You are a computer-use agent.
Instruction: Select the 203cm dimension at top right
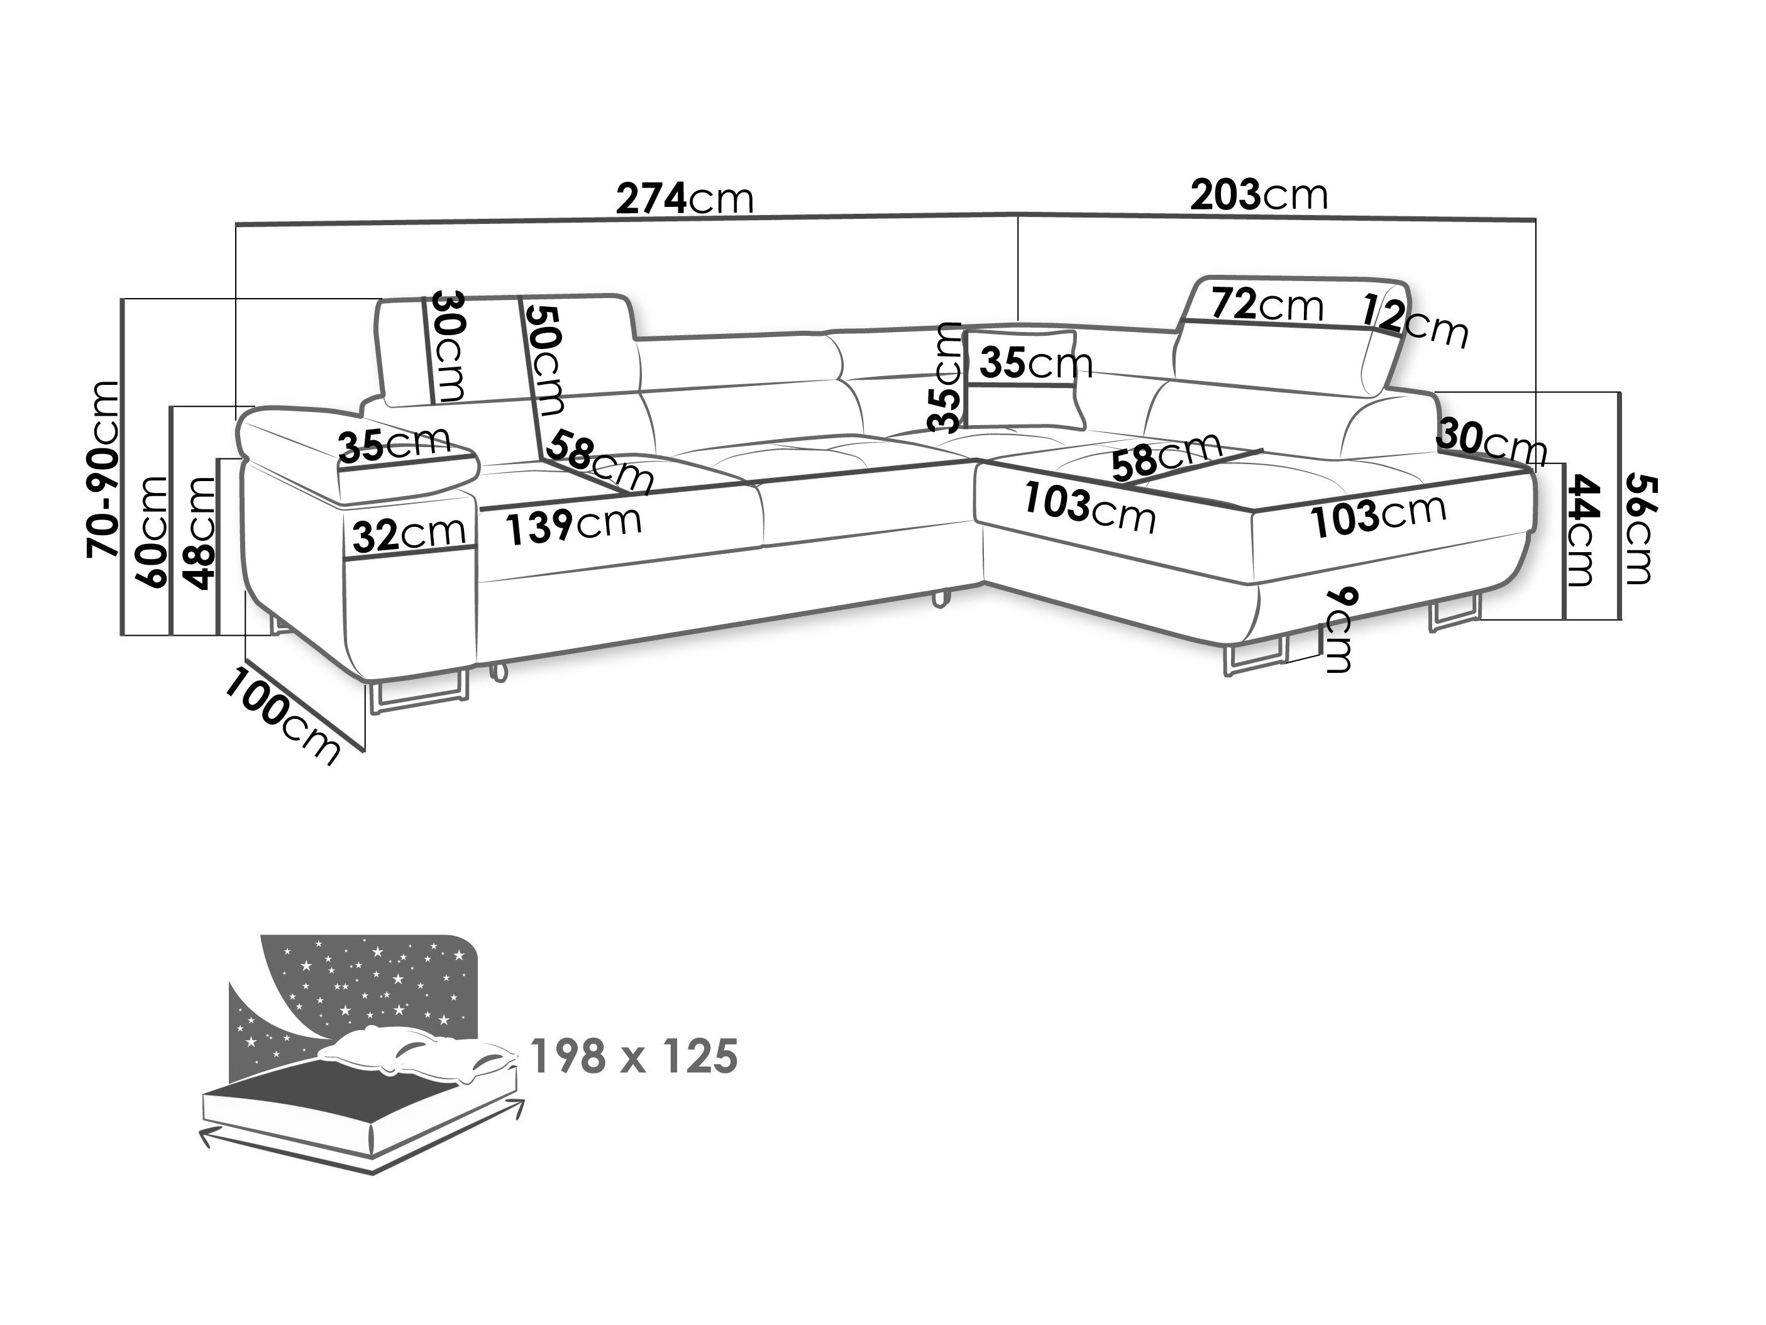(x=1259, y=194)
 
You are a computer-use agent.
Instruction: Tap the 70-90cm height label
(x=104, y=469)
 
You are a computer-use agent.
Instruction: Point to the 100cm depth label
(x=282, y=716)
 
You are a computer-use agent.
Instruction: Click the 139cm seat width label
(x=574, y=524)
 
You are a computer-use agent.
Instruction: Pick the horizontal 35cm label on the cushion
(x=1035, y=363)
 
